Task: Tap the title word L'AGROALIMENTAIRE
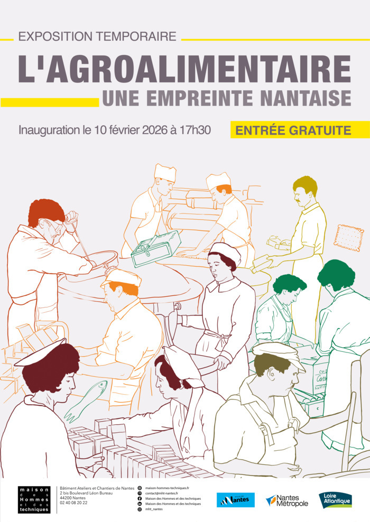[x=184, y=69]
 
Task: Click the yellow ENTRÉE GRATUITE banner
[x=300, y=129]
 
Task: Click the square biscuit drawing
[x=348, y=237]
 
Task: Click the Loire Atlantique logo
[x=335, y=499]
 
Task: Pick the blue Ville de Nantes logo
[x=236, y=500]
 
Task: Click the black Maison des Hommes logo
[x=34, y=499]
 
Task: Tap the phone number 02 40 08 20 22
[x=74, y=503]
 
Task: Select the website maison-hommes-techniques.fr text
[x=167, y=488]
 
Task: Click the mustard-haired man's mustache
[x=299, y=202]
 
